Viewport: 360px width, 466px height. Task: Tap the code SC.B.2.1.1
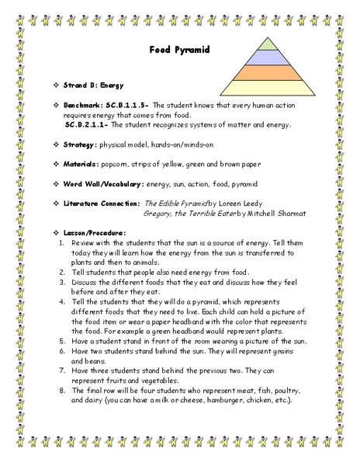(x=90, y=124)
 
